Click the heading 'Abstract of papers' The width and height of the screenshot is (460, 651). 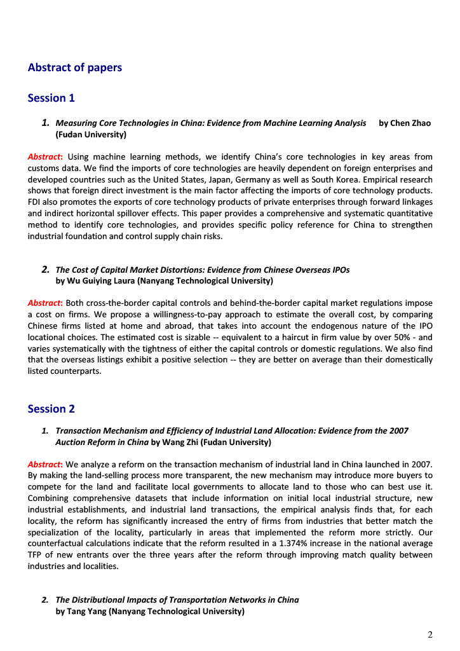pyautogui.click(x=75, y=67)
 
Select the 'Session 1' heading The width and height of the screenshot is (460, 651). pyautogui.click(x=51, y=98)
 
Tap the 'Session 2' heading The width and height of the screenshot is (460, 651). pyautogui.click(x=51, y=409)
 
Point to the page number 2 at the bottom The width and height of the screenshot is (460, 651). pyautogui.click(x=430, y=634)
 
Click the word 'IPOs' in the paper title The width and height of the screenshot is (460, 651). pyautogui.click(x=338, y=270)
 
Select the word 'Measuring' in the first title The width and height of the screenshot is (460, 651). pyautogui.click(x=77, y=123)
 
